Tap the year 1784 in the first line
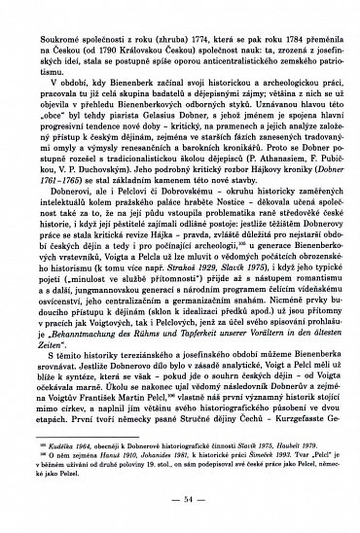275,16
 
